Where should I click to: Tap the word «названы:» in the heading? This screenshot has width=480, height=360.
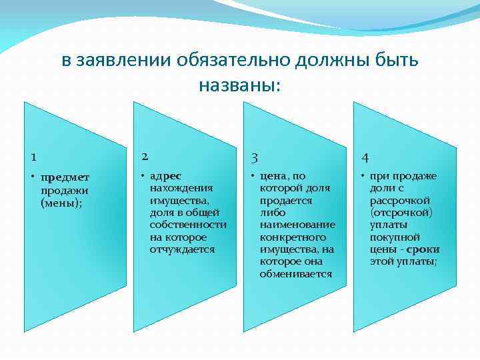tap(240, 85)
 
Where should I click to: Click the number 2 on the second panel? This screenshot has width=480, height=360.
tap(143, 157)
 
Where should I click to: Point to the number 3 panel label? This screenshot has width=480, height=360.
tap(253, 158)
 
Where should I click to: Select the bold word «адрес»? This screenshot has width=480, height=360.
tap(165, 177)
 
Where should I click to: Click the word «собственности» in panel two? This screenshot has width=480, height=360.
tap(189, 225)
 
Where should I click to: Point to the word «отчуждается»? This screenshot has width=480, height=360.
tap(183, 249)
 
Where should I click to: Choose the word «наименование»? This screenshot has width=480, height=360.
tap(297, 225)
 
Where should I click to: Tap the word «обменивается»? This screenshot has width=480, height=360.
tap(295, 273)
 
